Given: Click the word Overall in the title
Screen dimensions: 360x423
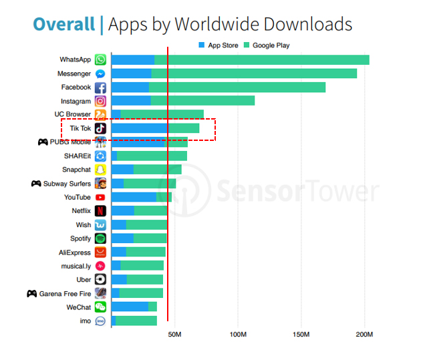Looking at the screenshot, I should (63, 24).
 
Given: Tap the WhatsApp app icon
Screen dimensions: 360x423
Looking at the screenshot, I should (100, 60).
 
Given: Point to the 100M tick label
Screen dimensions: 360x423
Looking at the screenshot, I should (238, 334).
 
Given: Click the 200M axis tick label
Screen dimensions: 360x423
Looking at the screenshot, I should (365, 334).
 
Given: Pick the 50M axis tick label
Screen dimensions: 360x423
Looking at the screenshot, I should (174, 334).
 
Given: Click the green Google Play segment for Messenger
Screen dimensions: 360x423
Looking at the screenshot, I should (254, 73).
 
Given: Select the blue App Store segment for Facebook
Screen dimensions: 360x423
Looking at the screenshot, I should (130, 87).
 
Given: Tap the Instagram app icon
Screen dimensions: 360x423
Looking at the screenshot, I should (100, 101).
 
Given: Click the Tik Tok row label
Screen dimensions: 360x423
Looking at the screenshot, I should (80, 128).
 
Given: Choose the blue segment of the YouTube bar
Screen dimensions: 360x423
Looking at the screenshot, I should (134, 197).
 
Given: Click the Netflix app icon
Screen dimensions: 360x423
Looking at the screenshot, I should (100, 211).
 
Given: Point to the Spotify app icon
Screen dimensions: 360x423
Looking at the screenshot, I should (100, 238).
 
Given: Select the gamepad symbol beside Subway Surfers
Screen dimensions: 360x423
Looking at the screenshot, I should (36, 184).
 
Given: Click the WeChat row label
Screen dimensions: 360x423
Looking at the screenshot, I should (78, 307).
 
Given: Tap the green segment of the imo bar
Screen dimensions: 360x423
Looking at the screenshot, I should (136, 321).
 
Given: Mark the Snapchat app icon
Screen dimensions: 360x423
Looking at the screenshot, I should (100, 170).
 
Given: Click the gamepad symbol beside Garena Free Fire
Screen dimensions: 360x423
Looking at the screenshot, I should (31, 293).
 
